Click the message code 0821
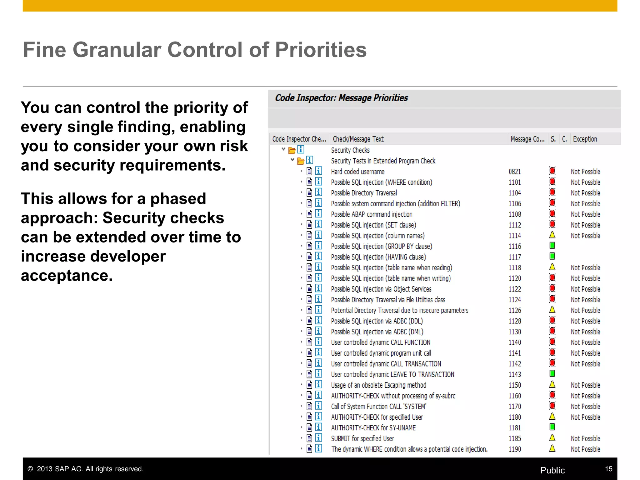pyautogui.click(x=514, y=172)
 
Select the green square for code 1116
pyautogui.click(x=552, y=246)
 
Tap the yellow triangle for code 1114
pyautogui.click(x=552, y=235)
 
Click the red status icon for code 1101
pyautogui.click(x=552, y=182)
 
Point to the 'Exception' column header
pyautogui.click(x=585, y=139)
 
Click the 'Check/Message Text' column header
pyautogui.click(x=358, y=139)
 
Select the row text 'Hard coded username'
pyautogui.click(x=357, y=172)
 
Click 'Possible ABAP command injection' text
pyautogui.click(x=372, y=214)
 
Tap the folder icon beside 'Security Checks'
pyautogui.click(x=292, y=150)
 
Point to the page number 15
pyautogui.click(x=608, y=469)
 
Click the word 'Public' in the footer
pyautogui.click(x=552, y=470)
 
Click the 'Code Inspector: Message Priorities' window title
pyautogui.click(x=341, y=98)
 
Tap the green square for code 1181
pyautogui.click(x=552, y=427)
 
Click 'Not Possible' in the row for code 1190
pyautogui.click(x=585, y=449)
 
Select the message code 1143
pyautogui.click(x=514, y=374)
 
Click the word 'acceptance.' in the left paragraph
pyautogui.click(x=67, y=276)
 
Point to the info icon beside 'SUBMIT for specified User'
pyautogui.click(x=318, y=438)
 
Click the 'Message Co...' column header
pyautogui.click(x=527, y=139)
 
